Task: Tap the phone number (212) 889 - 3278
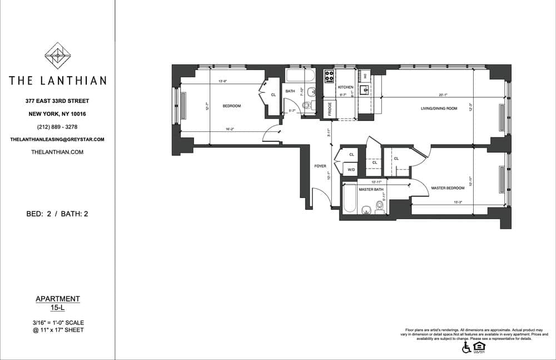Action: coord(58,126)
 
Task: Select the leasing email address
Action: coord(58,139)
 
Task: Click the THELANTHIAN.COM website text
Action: coord(58,151)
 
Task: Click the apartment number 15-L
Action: coord(58,308)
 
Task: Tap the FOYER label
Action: coord(320,166)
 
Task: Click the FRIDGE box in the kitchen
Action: coord(329,109)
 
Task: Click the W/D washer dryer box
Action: coord(351,170)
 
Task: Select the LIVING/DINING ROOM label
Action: coord(439,109)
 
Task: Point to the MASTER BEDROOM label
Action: coord(448,188)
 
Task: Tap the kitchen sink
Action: coord(365,88)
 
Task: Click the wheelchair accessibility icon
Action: coord(466,347)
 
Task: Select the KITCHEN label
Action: coord(346,87)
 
